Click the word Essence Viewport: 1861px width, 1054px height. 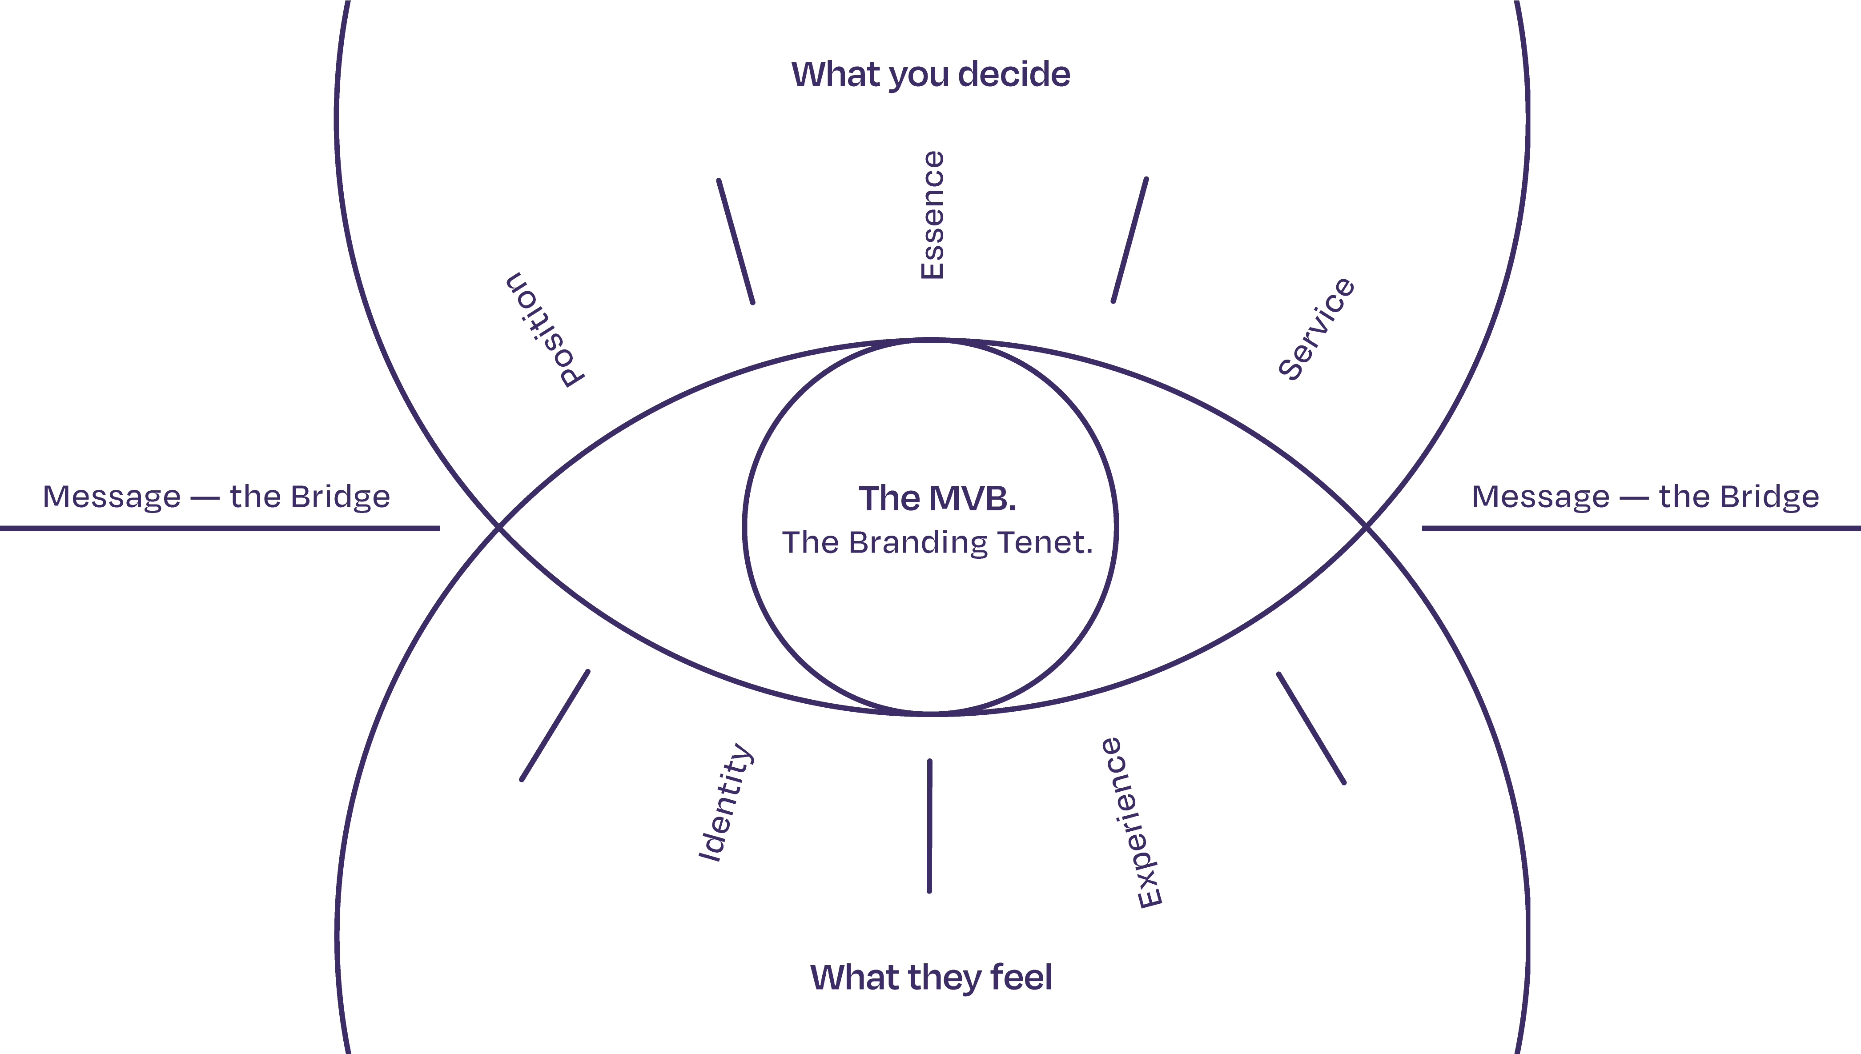pyautogui.click(x=932, y=215)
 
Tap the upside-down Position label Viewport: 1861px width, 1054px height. pyautogui.click(x=545, y=330)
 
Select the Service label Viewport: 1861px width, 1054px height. pyautogui.click(x=1316, y=328)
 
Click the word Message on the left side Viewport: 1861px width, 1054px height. pyautogui.click(x=112, y=497)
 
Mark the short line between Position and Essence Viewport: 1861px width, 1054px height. pyautogui.click(x=736, y=241)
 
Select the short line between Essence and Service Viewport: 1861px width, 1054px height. pyautogui.click(x=1129, y=240)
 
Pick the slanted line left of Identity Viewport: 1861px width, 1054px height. pyautogui.click(x=555, y=725)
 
